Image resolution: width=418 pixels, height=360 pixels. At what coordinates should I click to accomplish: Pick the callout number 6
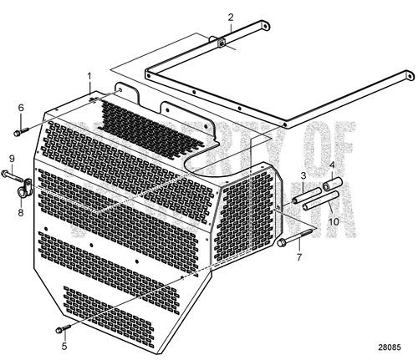click(x=22, y=108)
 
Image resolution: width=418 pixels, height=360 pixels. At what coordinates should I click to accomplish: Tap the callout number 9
click(x=13, y=159)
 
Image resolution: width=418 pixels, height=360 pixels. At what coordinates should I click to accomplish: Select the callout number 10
click(x=334, y=221)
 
